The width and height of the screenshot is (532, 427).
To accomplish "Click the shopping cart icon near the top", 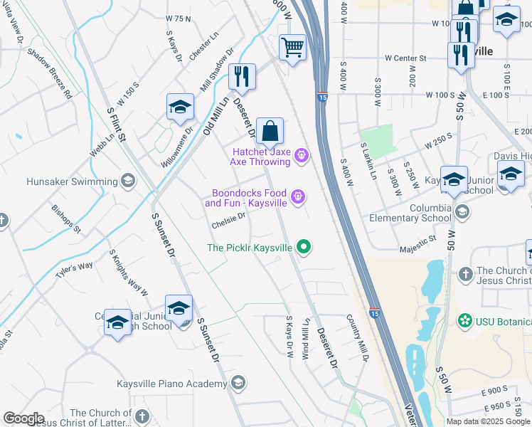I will coord(292,48).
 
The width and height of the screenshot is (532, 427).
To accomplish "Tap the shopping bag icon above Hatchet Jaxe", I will coord(270,132).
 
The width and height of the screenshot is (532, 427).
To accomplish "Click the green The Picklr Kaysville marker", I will coord(304,248).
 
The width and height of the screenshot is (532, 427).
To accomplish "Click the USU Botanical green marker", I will coord(466,320).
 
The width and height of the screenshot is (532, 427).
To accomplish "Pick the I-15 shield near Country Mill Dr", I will coord(374,312).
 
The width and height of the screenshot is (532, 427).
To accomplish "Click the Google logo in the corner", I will coord(23,418).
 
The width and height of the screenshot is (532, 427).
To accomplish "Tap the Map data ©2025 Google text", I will coord(488,421).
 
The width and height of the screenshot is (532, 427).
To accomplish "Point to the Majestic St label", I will coord(417,243).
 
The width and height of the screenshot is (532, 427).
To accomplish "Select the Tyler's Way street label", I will coord(75,270).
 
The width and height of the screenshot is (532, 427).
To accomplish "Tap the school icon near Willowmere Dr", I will coord(180,107).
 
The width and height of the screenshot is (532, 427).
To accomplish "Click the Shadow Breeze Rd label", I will coord(50,73).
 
